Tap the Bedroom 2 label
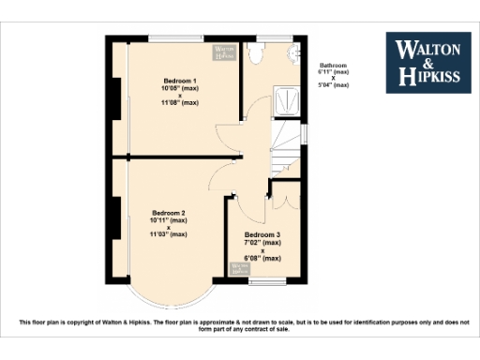click(169, 213)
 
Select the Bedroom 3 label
click(262, 234)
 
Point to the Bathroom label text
click(333, 66)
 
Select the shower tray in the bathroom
click(287, 98)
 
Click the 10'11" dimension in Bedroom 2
click(169, 220)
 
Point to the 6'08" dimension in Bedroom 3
click(262, 257)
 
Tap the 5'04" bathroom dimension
click(333, 85)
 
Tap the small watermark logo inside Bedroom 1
click(223, 52)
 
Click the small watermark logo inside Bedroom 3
click(241, 269)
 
